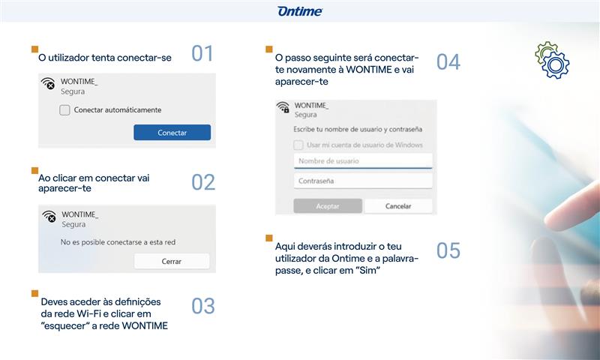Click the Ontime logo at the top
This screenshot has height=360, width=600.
[300, 11]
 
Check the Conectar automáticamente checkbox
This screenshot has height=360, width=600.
[64, 110]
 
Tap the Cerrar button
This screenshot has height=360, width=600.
[172, 261]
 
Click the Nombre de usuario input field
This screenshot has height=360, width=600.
[363, 161]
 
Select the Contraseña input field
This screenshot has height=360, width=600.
[363, 181]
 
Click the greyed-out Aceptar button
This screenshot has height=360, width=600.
[328, 206]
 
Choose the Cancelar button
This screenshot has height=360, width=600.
[398, 206]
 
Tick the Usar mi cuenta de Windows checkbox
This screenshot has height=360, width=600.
[298, 145]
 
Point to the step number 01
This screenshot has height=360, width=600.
[202, 53]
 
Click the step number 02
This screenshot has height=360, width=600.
[203, 182]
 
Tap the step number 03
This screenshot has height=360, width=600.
[203, 306]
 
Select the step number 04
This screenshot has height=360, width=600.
[448, 62]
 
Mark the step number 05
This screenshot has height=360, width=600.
[448, 250]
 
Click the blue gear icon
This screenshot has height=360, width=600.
[555, 65]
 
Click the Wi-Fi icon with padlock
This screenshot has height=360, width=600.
[283, 107]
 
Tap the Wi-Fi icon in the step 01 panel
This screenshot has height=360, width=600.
[48, 83]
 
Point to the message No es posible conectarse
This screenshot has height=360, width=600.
[118, 242]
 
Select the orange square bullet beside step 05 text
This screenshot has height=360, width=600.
[269, 238]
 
